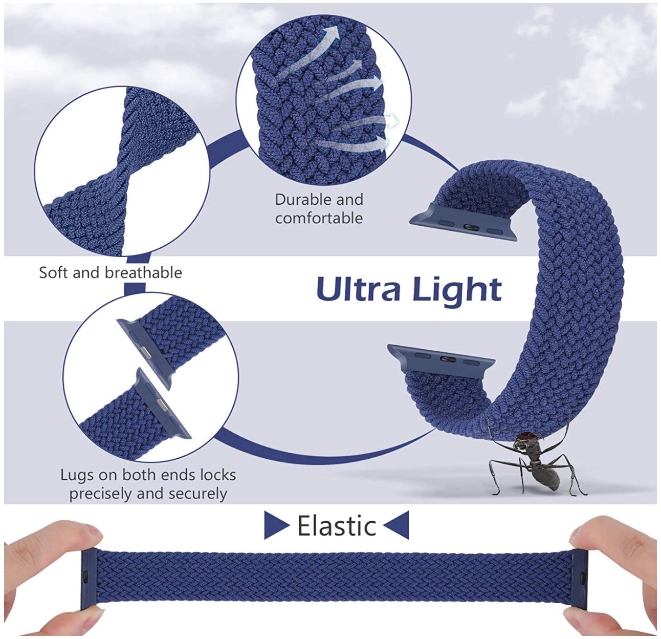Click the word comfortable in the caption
click(319, 218)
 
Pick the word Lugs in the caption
click(77, 475)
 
